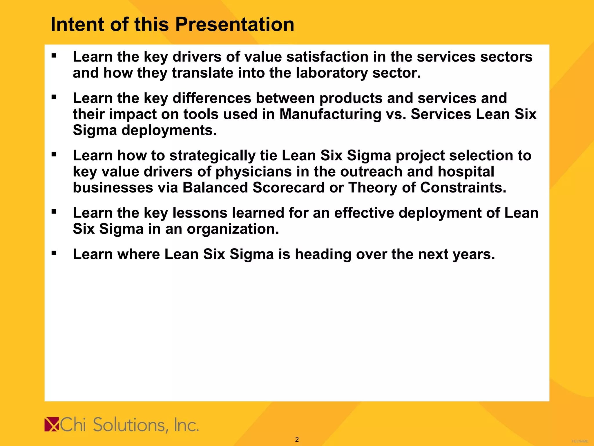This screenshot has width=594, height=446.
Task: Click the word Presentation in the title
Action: (235, 24)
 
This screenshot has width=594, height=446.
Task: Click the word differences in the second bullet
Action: (212, 98)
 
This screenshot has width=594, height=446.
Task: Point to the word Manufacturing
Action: (330, 114)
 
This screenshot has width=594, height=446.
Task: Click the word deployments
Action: (169, 130)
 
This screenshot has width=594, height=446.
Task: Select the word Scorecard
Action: (288, 188)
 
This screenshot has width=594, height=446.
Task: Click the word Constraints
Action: (463, 188)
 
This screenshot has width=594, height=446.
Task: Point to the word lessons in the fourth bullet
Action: (200, 213)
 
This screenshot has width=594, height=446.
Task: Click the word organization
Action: (233, 229)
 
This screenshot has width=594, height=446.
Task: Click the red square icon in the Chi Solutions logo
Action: (52, 425)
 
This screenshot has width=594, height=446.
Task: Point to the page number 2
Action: (297, 439)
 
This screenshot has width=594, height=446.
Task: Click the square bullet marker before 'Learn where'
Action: (54, 253)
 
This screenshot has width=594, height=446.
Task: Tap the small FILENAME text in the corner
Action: (580, 441)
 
